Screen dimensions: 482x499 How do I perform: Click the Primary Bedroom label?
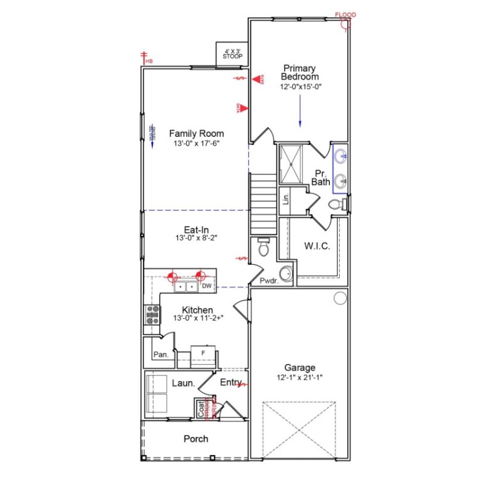(x=299, y=72)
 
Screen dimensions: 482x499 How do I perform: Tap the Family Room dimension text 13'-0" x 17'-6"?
(x=196, y=144)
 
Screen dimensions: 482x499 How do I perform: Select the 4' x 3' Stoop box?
(x=232, y=53)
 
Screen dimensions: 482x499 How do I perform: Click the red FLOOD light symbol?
(x=344, y=24)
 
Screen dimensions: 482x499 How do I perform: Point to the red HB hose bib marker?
(x=145, y=58)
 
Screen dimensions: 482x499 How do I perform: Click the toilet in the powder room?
(x=264, y=247)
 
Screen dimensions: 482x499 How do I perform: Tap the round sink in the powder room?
(x=285, y=274)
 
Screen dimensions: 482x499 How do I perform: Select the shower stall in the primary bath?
(x=291, y=163)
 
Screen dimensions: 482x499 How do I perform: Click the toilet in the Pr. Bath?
(x=335, y=203)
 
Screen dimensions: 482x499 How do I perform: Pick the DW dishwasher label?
(x=206, y=286)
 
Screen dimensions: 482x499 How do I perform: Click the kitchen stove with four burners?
(x=152, y=314)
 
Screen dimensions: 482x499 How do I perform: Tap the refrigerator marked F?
(x=202, y=353)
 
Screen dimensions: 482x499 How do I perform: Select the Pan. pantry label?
(x=160, y=355)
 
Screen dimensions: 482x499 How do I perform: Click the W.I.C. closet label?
(x=317, y=246)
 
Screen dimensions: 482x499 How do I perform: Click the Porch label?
(x=196, y=439)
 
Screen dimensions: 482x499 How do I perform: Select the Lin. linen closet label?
(x=286, y=200)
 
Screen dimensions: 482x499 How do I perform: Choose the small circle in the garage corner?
(x=340, y=297)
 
